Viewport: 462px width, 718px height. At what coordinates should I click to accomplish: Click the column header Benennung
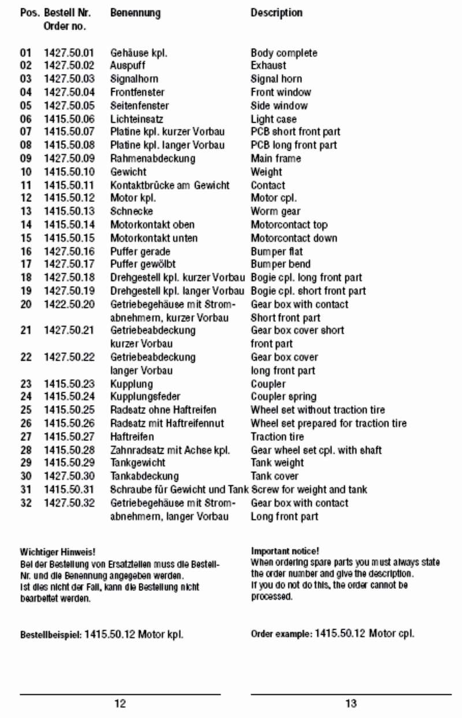(x=135, y=13)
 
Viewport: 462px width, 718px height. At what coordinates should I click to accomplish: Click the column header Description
(x=276, y=13)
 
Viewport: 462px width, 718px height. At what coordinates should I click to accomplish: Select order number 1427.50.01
(x=69, y=53)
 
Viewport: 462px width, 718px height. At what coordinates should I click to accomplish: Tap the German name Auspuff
(x=128, y=66)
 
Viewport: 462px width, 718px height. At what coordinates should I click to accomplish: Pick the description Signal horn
(x=276, y=79)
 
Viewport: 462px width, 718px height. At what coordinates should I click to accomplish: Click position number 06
(x=26, y=119)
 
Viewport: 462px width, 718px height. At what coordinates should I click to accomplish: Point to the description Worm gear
(x=275, y=211)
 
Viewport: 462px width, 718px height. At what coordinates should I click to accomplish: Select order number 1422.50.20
(x=69, y=304)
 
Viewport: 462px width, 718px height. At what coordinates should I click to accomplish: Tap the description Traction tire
(x=277, y=436)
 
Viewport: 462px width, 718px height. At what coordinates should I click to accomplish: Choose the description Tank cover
(x=274, y=476)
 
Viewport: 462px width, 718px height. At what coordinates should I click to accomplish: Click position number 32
(x=26, y=503)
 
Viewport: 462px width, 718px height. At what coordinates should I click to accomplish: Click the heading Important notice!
(x=285, y=551)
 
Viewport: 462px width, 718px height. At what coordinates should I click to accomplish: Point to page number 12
(x=120, y=704)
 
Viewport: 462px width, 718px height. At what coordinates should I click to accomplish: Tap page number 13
(x=351, y=704)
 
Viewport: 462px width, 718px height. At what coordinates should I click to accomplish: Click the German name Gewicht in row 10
(x=128, y=172)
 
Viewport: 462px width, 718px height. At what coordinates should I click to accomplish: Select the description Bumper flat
(x=277, y=252)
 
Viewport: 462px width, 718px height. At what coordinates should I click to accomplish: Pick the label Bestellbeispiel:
(x=51, y=635)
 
